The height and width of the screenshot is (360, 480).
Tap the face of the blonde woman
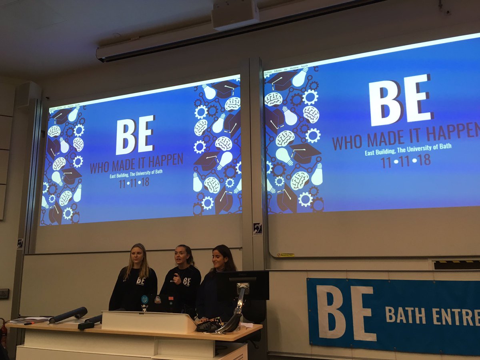137,254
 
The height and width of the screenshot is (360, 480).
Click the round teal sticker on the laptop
144,299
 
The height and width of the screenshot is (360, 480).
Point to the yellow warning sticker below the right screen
286,255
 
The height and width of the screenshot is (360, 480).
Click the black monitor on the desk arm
242,285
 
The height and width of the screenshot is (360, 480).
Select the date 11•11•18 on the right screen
406,160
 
